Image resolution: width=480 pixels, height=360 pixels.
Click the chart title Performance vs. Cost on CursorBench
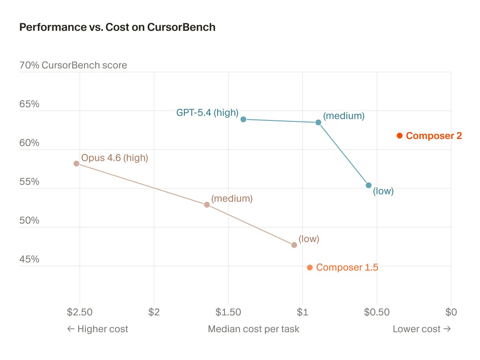click(x=117, y=27)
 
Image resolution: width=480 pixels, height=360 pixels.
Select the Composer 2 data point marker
click(x=400, y=136)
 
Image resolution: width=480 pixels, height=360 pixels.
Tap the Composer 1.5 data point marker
click(x=310, y=268)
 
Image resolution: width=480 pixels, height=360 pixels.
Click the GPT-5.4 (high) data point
click(x=243, y=119)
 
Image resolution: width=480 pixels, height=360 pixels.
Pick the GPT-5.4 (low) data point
click(x=369, y=185)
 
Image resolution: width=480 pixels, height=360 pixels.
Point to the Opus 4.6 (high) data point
click(x=76, y=163)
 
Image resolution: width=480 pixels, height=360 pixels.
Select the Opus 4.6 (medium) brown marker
click(x=207, y=205)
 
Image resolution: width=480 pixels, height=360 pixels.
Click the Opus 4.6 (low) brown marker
click(x=294, y=245)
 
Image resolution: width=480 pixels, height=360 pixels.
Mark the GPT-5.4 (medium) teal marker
click(x=318, y=123)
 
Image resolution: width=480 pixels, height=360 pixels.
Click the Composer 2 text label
click(x=434, y=136)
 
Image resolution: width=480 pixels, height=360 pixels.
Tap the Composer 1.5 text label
click(x=347, y=267)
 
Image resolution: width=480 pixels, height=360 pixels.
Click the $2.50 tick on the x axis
click(x=79, y=312)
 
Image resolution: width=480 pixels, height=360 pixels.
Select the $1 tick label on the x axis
click(x=302, y=312)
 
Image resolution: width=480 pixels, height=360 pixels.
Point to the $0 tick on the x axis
click(x=451, y=312)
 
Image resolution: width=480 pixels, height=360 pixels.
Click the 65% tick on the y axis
click(x=29, y=104)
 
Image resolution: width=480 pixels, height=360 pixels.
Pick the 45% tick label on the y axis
click(x=29, y=259)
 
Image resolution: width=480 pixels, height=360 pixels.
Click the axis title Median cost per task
click(x=253, y=329)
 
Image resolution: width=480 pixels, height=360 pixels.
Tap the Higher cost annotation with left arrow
click(x=97, y=329)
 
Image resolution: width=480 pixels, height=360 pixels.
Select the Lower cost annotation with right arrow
click(x=421, y=329)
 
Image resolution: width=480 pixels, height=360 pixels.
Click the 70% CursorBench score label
click(x=73, y=65)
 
